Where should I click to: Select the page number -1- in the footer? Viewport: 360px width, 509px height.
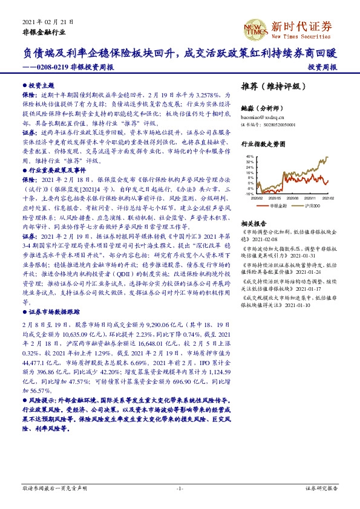[x=180, y=487]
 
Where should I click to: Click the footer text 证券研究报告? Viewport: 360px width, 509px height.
[x=321, y=487]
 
